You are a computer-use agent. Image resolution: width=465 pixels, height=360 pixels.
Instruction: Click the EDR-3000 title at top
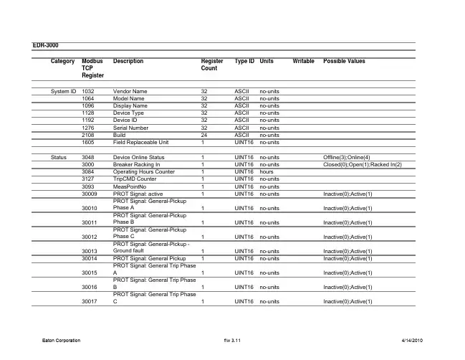(46, 44)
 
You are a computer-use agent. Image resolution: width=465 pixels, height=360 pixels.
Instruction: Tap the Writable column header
(304, 62)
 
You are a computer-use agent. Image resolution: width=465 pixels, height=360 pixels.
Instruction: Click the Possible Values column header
(345, 62)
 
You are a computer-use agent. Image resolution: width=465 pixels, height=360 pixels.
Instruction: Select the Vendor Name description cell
(130, 92)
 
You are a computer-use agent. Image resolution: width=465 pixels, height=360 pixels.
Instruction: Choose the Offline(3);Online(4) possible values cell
(347, 156)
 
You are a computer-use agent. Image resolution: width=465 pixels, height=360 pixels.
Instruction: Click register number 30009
(90, 194)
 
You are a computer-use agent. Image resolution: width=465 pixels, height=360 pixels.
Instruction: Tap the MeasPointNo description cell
(131, 186)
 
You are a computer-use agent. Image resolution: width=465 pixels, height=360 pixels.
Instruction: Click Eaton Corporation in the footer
(59, 341)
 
